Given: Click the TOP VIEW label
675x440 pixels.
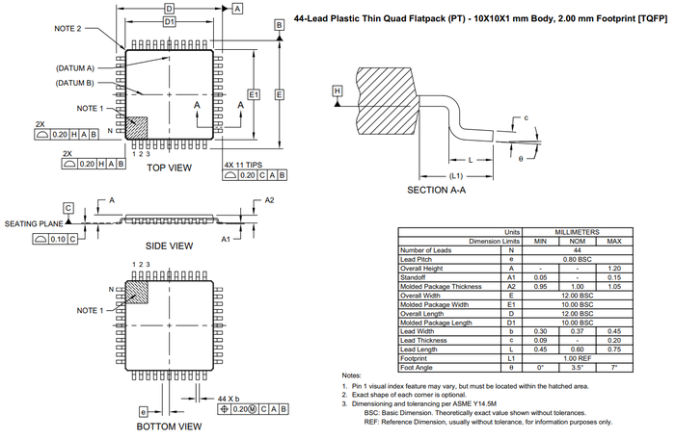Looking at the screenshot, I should pos(170,168).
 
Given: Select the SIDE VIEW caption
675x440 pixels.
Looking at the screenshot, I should pos(170,246).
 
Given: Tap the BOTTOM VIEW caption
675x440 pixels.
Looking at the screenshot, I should pos(170,426).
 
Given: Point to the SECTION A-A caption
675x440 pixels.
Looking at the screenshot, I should pos(437,191).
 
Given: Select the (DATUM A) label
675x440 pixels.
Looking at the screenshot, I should pos(74,68).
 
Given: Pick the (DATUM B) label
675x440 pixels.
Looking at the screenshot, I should pos(74,83).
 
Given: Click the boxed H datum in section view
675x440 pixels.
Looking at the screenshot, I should pos(337,91).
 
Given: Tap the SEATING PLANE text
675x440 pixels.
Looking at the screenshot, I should pos(34,223).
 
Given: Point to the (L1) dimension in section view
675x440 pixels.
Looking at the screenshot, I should pos(458,176).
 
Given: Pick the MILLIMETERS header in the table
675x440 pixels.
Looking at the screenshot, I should pos(578,232).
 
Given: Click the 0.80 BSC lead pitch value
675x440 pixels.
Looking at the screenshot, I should pos(578,258).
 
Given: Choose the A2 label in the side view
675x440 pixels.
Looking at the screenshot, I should pos(270,199).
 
